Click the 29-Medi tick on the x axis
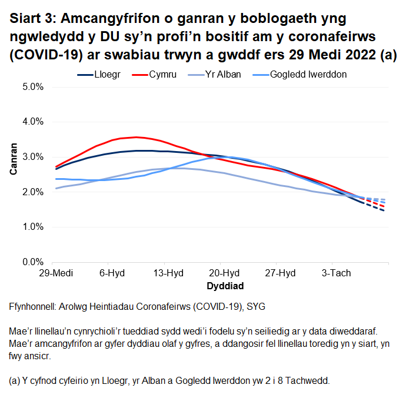(52, 273)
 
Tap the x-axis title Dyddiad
(225, 286)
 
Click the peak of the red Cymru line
(136, 137)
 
